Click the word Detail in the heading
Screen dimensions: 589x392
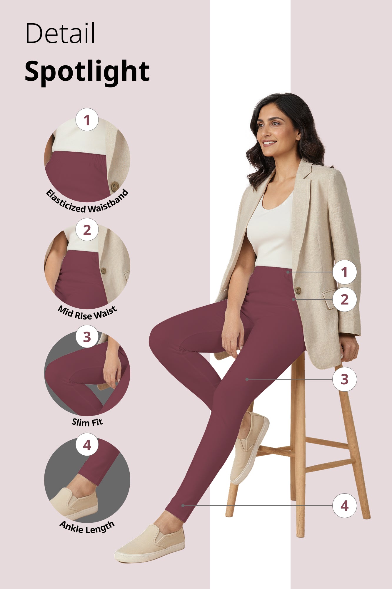pyautogui.click(x=60, y=33)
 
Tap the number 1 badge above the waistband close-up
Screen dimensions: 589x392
pyautogui.click(x=87, y=120)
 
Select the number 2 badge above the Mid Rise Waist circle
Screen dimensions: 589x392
pyautogui.click(x=87, y=230)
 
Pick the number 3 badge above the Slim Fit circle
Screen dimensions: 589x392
pyautogui.click(x=87, y=337)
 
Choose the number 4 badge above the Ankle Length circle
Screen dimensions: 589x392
pyautogui.click(x=87, y=445)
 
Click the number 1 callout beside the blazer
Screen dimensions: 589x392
pyautogui.click(x=344, y=272)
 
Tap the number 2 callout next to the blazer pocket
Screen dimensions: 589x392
pyautogui.click(x=344, y=300)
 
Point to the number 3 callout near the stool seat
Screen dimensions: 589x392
pyautogui.click(x=344, y=379)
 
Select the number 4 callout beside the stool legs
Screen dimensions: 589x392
pyautogui.click(x=344, y=506)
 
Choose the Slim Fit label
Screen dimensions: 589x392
pyautogui.click(x=87, y=422)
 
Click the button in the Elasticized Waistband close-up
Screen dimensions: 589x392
pyautogui.click(x=115, y=186)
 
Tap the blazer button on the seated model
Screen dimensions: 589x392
pyautogui.click(x=298, y=290)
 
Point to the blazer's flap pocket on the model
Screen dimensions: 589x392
pyautogui.click(x=330, y=299)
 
